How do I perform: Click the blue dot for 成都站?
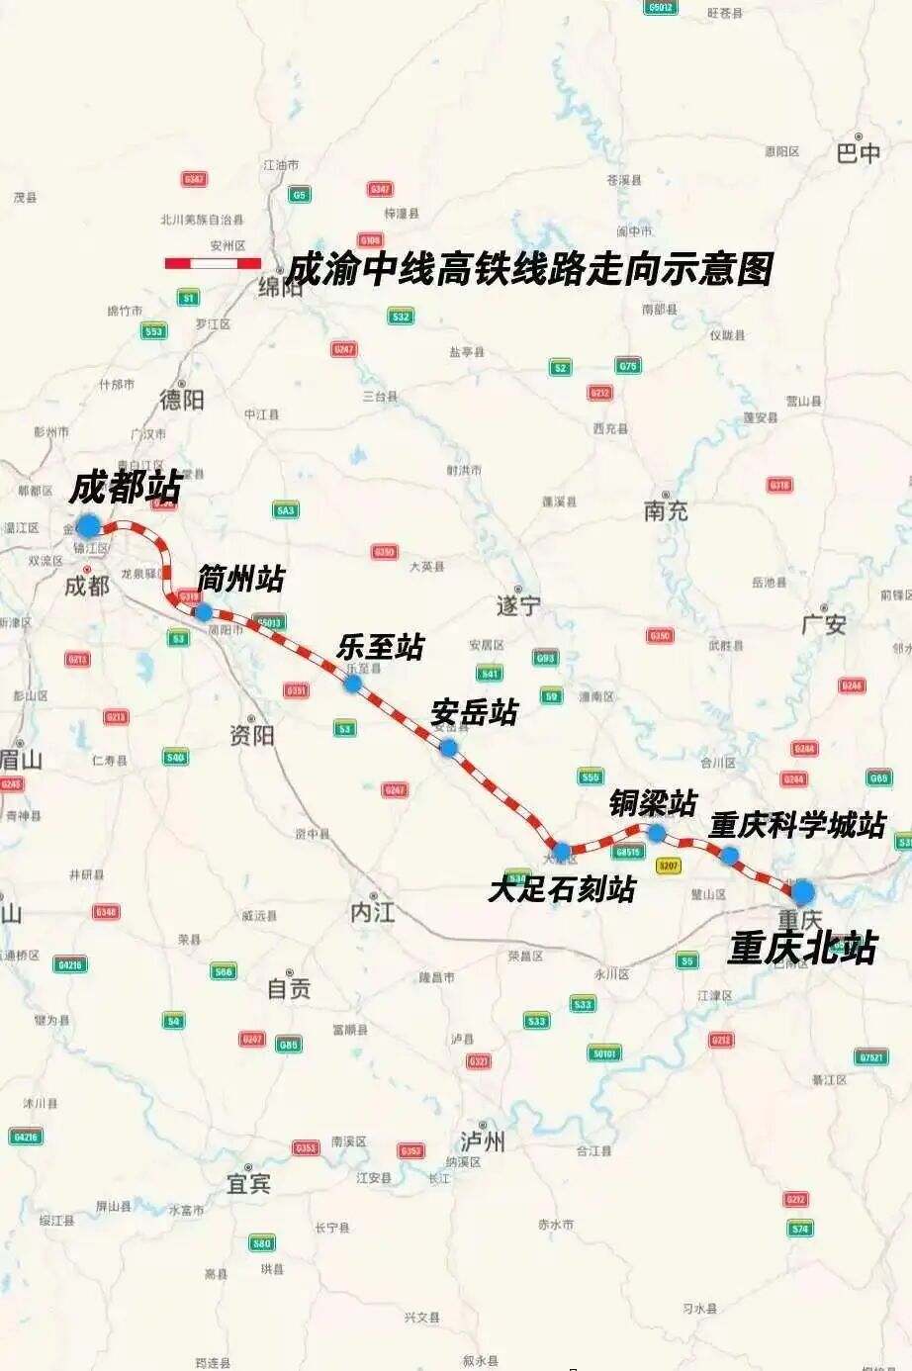(89, 525)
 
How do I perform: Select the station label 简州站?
(240, 578)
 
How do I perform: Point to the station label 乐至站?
(381, 647)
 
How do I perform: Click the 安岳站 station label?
(475, 712)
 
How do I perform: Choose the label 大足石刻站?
(562, 889)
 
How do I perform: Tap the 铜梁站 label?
(653, 802)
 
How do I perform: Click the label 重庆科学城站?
(797, 825)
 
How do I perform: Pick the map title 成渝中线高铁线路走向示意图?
(529, 269)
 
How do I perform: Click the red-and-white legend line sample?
(213, 263)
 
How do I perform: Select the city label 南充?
(666, 510)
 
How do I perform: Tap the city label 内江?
(373, 912)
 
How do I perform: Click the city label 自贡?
(289, 987)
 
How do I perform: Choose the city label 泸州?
(483, 1142)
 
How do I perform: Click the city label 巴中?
(859, 152)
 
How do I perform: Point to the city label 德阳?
(182, 399)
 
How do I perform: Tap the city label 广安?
(824, 625)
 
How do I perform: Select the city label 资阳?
(251, 735)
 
